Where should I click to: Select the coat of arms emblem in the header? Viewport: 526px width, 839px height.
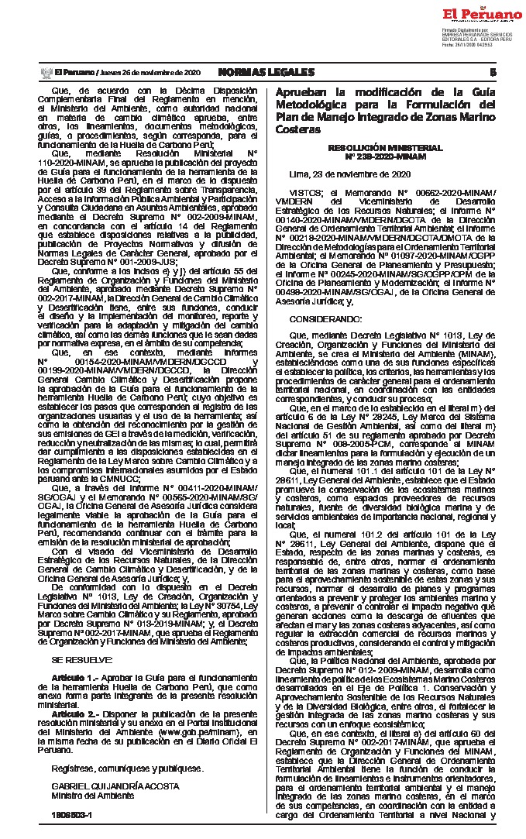[x=45, y=72]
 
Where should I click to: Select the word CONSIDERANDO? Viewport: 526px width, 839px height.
[x=321, y=318]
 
